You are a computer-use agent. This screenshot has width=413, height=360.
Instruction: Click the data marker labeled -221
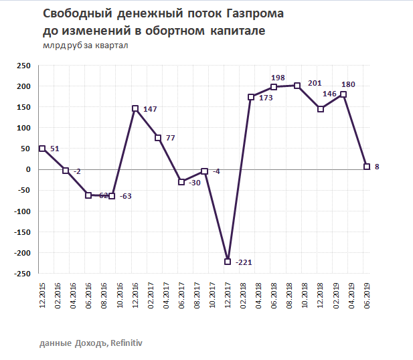228,262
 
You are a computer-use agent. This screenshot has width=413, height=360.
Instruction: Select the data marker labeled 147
135,108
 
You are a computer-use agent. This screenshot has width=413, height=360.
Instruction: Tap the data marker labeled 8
366,167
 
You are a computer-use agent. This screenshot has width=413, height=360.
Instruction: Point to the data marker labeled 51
42,149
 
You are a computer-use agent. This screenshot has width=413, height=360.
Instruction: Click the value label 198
279,78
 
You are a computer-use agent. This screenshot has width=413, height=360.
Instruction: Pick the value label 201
315,83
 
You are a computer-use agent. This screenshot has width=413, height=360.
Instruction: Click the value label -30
196,182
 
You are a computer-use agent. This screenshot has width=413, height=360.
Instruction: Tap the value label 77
170,138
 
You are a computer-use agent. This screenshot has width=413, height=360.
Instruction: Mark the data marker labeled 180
343,95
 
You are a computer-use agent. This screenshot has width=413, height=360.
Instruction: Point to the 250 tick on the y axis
23,66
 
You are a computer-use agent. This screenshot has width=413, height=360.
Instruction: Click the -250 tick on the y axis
21,274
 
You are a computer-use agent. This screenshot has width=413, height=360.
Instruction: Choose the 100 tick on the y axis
23,128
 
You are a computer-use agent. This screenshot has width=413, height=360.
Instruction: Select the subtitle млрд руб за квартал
85,46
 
